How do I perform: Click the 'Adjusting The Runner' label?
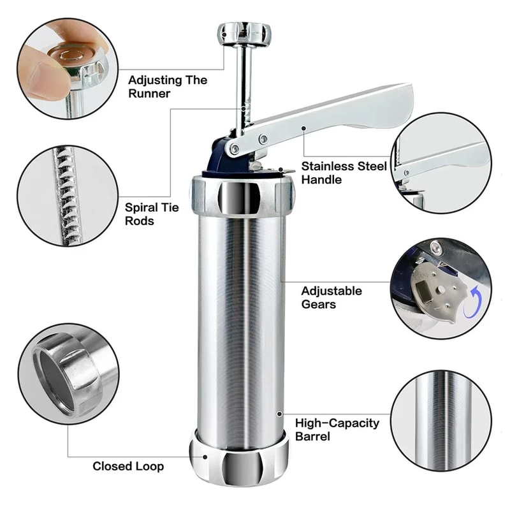coord(168,87)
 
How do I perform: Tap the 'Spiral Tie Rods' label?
coord(152,214)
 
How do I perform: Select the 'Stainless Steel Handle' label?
coord(344,172)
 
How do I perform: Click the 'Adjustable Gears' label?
coord(331,297)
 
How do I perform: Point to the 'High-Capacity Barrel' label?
coord(337,429)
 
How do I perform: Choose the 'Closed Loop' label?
coord(128,466)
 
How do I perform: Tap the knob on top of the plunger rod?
coord(244,33)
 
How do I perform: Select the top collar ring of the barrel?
coord(242,196)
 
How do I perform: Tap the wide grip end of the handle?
coord(382,108)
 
